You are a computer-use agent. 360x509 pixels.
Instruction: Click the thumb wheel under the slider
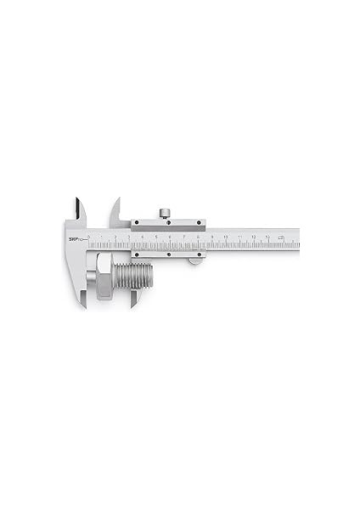[x=195, y=260]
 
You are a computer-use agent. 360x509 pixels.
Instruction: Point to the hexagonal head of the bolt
[x=104, y=277]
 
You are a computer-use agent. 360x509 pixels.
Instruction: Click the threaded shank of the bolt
[x=134, y=277]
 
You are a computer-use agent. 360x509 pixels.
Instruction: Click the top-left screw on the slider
[x=135, y=222]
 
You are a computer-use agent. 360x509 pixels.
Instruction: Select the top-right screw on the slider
[x=199, y=222]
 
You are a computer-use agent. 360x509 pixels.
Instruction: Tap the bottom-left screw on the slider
[x=135, y=253]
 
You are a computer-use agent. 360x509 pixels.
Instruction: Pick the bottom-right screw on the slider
[x=199, y=253]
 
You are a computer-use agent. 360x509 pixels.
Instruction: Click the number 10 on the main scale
[x=226, y=237]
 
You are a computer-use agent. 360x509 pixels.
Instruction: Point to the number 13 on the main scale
[x=267, y=237]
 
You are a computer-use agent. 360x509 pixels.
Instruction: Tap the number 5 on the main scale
[x=156, y=237]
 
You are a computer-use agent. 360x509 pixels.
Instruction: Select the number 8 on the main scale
[x=198, y=237]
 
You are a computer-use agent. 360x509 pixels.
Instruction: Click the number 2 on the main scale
[x=115, y=237]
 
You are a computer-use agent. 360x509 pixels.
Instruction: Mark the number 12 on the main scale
[x=254, y=237]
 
